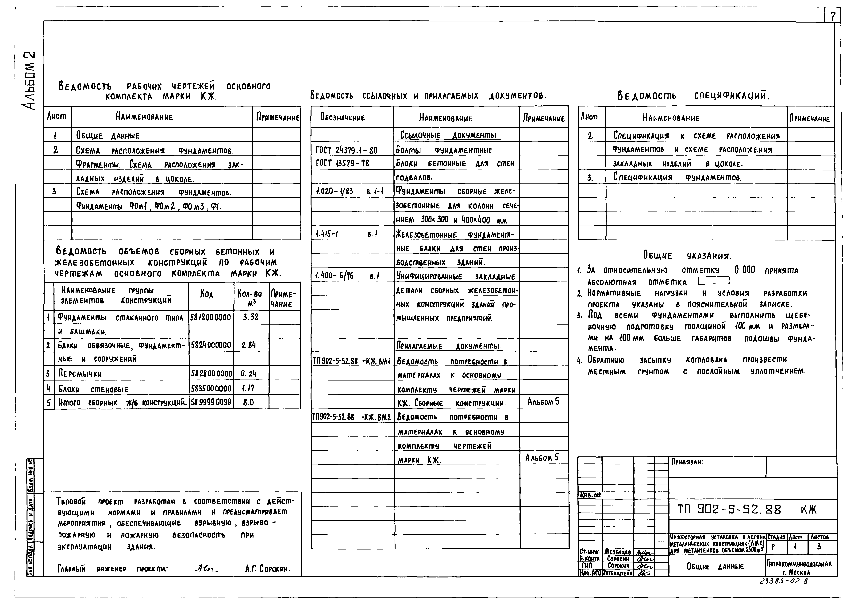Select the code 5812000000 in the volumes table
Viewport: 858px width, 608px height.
211,318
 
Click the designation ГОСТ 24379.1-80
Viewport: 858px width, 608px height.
346,150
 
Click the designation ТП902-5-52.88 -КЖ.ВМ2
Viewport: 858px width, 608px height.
352,417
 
